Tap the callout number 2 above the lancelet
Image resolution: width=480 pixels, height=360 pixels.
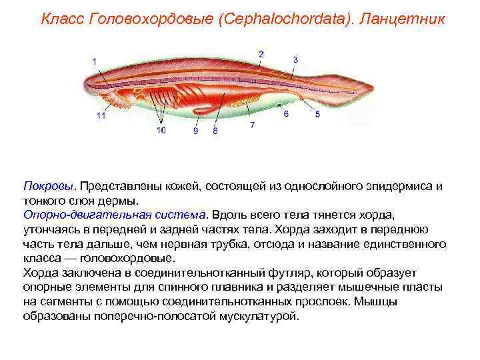click(x=261, y=54)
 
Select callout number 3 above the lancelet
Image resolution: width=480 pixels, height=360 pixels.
click(x=295, y=60)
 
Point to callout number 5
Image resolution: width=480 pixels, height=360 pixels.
click(x=317, y=115)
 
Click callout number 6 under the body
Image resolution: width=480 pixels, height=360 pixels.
click(x=286, y=114)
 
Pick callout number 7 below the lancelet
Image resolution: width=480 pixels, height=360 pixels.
click(x=252, y=125)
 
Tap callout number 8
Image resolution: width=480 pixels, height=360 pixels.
click(x=215, y=131)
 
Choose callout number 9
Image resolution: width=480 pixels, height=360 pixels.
click(x=195, y=131)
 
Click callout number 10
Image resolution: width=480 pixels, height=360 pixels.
click(x=161, y=131)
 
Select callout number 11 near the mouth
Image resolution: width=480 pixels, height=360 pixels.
click(x=101, y=116)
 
